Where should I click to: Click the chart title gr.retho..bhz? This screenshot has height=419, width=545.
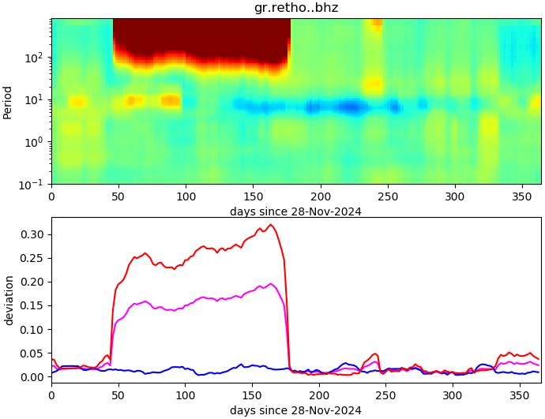pyautogui.click(x=296, y=8)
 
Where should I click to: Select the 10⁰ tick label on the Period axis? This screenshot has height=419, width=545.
pyautogui.click(x=36, y=142)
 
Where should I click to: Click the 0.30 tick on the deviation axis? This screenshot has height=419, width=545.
pyautogui.click(x=33, y=234)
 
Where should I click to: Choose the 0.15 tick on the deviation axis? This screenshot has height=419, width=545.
pyautogui.click(x=33, y=305)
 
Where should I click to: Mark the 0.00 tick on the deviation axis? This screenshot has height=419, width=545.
pyautogui.click(x=33, y=377)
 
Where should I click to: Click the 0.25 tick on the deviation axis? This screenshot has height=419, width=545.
pyautogui.click(x=33, y=258)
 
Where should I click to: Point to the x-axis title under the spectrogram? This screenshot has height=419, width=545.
pyautogui.click(x=296, y=211)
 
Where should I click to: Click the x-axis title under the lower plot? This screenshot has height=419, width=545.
pyautogui.click(x=296, y=410)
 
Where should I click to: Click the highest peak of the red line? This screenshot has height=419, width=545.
pyautogui.click(x=271, y=225)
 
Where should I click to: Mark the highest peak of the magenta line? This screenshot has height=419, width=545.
pyautogui.click(x=271, y=284)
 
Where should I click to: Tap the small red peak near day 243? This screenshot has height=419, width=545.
pyautogui.click(x=376, y=354)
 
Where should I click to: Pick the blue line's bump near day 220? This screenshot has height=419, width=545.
pyautogui.click(x=346, y=364)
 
